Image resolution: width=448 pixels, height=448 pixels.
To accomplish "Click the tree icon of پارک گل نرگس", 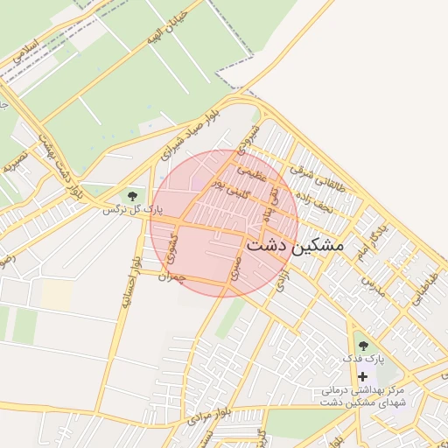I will pyautogui.click(x=132, y=195).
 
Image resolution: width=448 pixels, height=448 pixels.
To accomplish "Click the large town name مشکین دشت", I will pyautogui.click(x=295, y=246).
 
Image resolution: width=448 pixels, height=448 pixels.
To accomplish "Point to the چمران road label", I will pyautogui.click(x=171, y=276).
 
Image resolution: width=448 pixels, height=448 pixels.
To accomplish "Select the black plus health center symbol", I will pyautogui.click(x=362, y=375).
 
